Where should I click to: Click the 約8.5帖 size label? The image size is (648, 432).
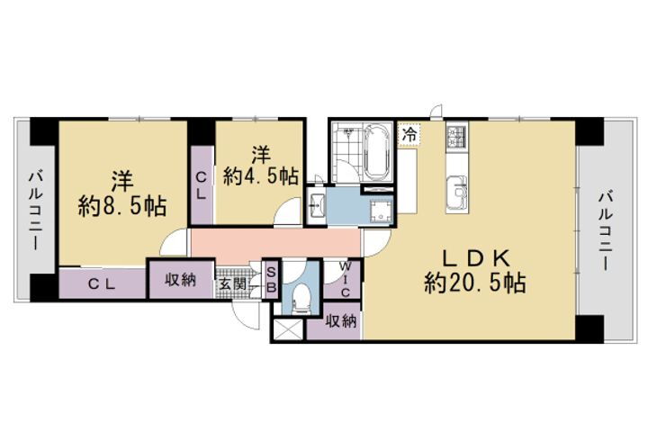(x=122, y=206)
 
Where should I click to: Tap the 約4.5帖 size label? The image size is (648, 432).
(x=262, y=177)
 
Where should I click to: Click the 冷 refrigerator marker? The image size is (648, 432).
(x=409, y=133)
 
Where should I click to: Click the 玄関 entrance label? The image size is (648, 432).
(x=229, y=284)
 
